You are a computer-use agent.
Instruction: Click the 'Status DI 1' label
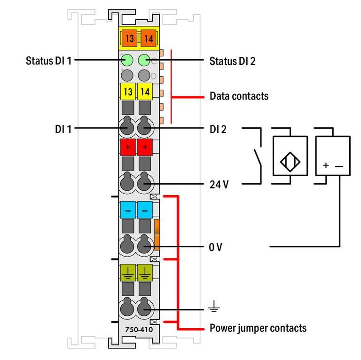tap(48, 61)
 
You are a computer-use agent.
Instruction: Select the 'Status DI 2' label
tap(232, 61)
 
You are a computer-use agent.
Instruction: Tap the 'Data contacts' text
tap(239, 96)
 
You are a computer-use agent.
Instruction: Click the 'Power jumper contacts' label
tap(258, 328)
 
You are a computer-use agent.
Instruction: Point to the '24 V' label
tap(219, 184)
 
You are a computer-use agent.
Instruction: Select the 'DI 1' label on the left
tap(63, 128)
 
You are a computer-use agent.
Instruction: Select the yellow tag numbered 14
tap(145, 91)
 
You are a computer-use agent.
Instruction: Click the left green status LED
tap(127, 60)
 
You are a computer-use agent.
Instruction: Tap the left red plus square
tap(127, 147)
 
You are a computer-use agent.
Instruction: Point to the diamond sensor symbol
tap(290, 162)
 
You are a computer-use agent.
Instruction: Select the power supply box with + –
tap(333, 156)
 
